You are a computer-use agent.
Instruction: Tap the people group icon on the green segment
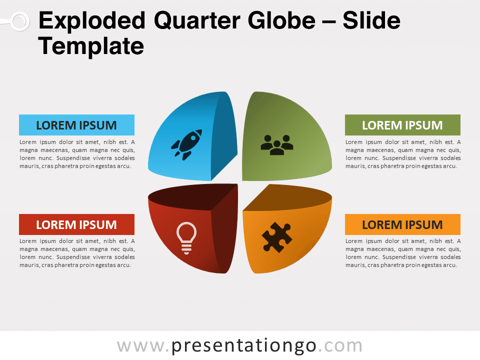click(x=276, y=145)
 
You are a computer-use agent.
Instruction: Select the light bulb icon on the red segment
click(x=186, y=238)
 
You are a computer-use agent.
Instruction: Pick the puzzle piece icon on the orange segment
click(x=276, y=237)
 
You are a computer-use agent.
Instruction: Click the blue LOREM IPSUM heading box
click(x=76, y=125)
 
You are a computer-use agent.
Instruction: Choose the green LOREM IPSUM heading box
click(x=402, y=125)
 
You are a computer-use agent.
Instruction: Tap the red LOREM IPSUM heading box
click(x=76, y=224)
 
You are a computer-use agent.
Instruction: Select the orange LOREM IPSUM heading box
click(x=402, y=224)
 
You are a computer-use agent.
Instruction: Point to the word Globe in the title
click(x=281, y=20)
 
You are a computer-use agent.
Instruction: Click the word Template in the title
click(x=91, y=46)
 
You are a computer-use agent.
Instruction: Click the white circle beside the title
click(x=20, y=21)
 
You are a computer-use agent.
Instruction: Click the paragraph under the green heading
click(x=403, y=154)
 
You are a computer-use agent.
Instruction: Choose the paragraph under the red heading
click(x=77, y=253)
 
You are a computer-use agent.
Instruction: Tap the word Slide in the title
click(x=371, y=20)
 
